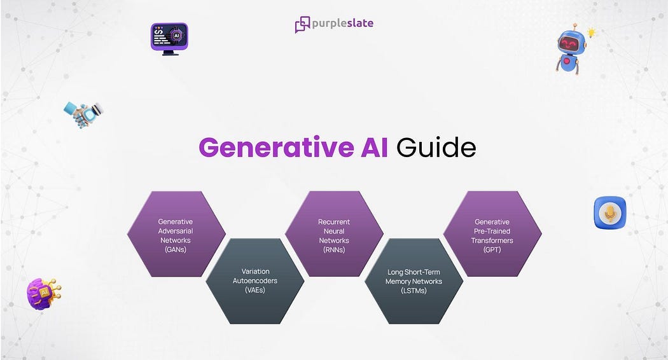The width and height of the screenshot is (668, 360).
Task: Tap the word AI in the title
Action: point(375,148)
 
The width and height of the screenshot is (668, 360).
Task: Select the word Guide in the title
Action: point(436,148)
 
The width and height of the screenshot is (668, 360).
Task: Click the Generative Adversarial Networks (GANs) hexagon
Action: point(176,234)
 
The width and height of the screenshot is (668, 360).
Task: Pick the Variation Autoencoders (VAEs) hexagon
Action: point(254,280)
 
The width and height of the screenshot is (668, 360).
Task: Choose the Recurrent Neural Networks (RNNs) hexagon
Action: point(334,234)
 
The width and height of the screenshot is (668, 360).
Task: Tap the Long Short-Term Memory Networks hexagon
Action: point(414,280)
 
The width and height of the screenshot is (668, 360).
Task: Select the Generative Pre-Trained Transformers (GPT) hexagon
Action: point(492,234)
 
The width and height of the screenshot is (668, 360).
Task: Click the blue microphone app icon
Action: point(609,213)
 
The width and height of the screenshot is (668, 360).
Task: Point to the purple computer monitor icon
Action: point(169,38)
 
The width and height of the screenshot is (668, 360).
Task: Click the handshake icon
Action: point(83,113)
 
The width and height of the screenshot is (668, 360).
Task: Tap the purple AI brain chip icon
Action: point(43,293)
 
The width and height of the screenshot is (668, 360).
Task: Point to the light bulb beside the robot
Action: point(591,32)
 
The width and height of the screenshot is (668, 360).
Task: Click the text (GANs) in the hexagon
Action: point(175,250)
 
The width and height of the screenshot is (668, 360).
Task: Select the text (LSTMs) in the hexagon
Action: point(414,291)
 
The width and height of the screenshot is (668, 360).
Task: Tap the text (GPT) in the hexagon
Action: point(492,250)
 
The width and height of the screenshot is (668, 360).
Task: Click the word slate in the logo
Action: point(358,24)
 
